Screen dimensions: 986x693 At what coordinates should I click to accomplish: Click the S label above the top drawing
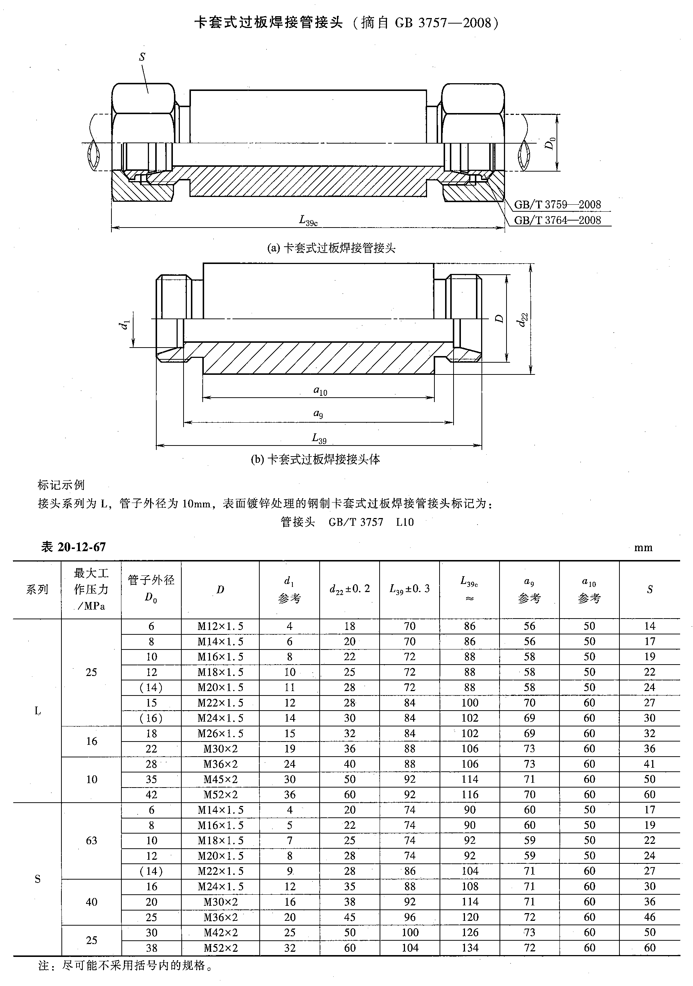(142, 57)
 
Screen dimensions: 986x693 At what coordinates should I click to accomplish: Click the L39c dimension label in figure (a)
(308, 221)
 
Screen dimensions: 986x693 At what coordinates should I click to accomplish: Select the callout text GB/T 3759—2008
(557, 204)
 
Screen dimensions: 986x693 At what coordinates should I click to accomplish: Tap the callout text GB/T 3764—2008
(557, 220)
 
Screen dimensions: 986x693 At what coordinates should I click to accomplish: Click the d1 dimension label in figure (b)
(124, 325)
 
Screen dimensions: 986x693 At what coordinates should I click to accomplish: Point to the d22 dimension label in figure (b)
(523, 320)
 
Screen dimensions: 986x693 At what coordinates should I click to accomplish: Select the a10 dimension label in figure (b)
(320, 390)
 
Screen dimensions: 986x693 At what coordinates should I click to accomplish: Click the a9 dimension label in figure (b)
(318, 413)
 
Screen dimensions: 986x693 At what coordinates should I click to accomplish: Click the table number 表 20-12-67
(73, 547)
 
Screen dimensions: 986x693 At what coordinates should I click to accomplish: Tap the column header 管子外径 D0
(151, 589)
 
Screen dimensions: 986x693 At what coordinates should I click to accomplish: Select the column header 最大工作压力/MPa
(91, 589)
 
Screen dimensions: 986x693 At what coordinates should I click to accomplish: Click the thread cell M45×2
(220, 779)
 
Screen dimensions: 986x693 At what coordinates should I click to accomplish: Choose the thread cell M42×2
(220, 933)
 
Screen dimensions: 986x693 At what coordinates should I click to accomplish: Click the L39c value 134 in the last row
(469, 948)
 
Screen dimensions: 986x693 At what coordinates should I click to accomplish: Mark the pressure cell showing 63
(91, 841)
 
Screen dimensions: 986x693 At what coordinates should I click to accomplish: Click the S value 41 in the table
(649, 764)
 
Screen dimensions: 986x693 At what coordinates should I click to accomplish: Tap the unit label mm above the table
(643, 547)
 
